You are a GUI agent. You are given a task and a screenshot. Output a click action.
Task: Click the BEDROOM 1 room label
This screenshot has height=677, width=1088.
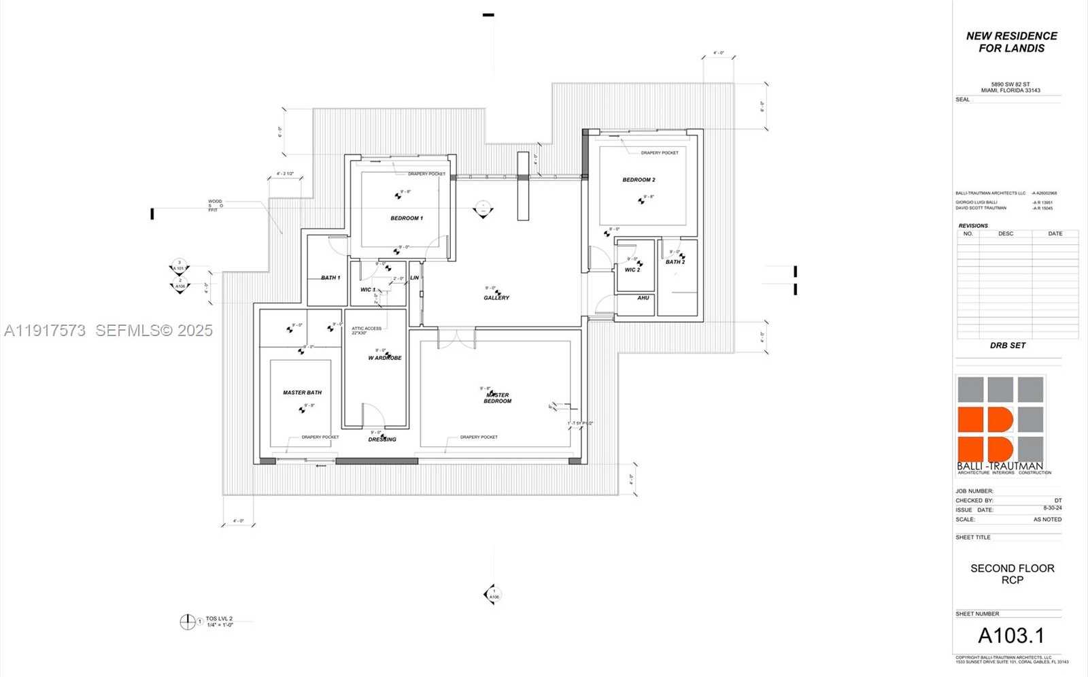(x=407, y=218)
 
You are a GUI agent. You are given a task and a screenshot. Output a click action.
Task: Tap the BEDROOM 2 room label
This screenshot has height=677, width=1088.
(x=639, y=180)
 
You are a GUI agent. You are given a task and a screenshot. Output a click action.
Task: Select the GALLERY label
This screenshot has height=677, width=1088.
(x=496, y=298)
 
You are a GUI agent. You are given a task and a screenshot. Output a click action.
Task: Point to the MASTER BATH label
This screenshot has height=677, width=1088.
(x=302, y=393)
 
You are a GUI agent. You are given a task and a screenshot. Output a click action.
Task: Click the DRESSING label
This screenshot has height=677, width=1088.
(x=382, y=440)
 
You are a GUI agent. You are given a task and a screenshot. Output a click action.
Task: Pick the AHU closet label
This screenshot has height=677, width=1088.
(x=643, y=298)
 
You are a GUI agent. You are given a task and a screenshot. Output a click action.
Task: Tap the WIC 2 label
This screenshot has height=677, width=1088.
(x=632, y=270)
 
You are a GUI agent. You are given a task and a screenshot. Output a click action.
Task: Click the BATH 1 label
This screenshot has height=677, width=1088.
(x=330, y=278)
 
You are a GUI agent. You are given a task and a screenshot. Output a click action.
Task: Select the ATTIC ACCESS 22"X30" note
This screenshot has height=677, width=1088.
(x=367, y=331)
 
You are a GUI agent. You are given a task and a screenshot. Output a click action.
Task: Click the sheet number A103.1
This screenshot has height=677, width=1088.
(x=1010, y=635)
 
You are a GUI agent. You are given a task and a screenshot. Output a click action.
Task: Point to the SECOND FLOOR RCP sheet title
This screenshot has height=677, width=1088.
(x=1012, y=574)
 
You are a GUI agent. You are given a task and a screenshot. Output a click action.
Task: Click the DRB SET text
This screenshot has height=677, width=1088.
(x=1007, y=346)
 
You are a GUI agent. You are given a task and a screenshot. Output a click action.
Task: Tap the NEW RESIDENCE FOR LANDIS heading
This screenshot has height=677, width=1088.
(x=1011, y=42)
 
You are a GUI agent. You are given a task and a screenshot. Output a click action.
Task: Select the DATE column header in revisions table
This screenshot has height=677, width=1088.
(x=1055, y=233)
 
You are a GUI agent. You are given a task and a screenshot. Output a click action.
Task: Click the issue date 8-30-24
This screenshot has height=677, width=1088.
(x=1052, y=508)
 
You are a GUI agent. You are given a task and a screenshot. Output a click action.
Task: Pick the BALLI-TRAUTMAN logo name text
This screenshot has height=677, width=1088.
(x=1000, y=466)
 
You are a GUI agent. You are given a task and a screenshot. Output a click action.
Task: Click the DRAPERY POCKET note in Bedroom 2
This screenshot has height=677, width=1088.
(x=660, y=153)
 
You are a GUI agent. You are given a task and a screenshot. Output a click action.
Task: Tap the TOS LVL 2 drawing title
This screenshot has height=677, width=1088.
(x=219, y=618)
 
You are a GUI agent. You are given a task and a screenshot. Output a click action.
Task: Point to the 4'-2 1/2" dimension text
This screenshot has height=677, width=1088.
(x=285, y=174)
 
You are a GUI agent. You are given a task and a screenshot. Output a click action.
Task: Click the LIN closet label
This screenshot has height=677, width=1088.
(x=414, y=278)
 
